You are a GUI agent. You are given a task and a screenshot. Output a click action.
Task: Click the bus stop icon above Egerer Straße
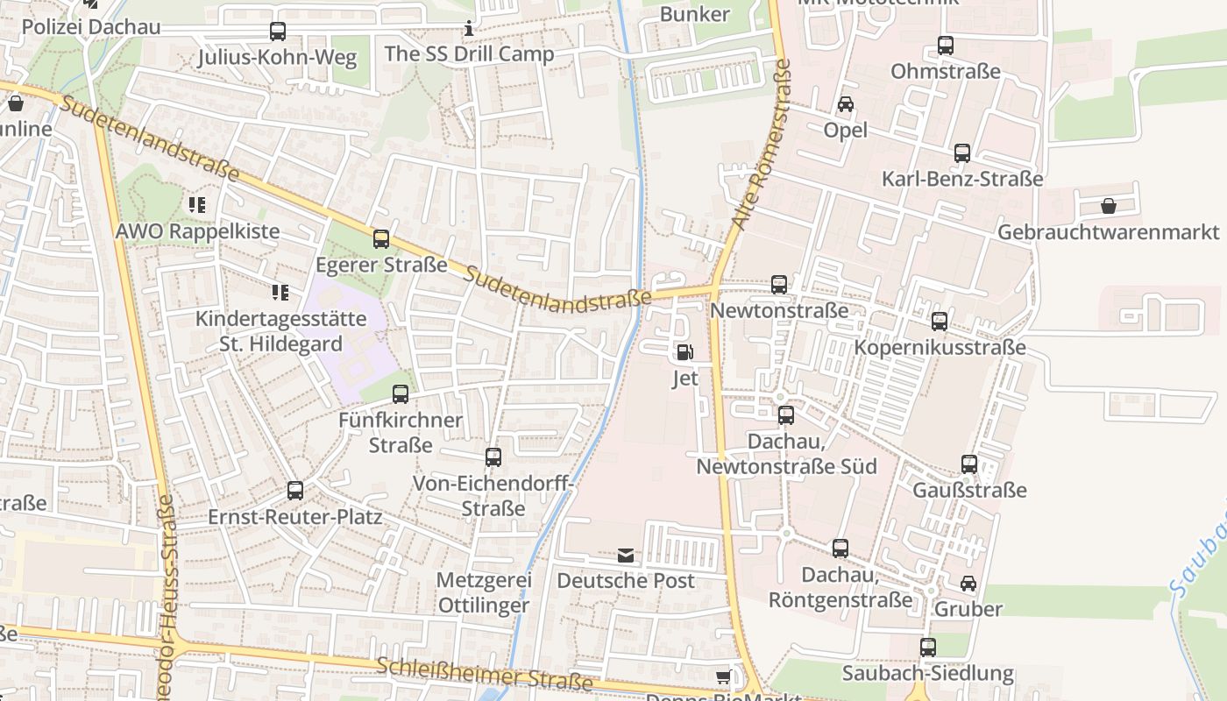(381, 238)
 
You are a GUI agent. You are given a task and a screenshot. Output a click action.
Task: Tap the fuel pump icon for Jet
(684, 352)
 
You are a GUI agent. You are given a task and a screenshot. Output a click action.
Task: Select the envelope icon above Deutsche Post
(626, 556)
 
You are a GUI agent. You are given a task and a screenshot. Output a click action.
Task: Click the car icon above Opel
(846, 104)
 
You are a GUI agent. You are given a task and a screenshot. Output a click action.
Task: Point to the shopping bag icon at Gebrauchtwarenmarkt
(1109, 206)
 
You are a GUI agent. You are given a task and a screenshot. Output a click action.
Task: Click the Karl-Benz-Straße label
(962, 180)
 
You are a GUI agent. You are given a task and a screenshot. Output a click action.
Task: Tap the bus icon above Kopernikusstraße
(940, 322)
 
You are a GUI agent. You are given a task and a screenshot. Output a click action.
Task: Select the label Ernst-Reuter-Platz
(294, 517)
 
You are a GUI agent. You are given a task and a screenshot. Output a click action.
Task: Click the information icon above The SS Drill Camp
(469, 29)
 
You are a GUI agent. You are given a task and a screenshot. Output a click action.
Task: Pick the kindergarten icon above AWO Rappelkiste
(197, 205)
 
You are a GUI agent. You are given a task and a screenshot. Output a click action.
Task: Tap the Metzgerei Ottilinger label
(484, 592)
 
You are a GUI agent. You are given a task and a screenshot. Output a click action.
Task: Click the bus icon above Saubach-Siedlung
(928, 648)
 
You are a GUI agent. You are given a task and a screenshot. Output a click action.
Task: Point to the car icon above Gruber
(968, 583)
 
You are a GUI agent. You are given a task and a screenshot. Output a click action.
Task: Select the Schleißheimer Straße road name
(485, 673)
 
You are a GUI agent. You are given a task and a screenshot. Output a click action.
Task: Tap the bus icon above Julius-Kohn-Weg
(278, 32)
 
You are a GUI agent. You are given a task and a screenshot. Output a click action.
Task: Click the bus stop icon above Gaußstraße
(969, 464)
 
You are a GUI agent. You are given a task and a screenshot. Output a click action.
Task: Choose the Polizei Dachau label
(91, 26)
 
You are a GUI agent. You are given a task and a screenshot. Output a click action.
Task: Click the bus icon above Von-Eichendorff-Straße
(493, 457)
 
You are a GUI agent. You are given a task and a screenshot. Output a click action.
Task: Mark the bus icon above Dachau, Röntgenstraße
(840, 549)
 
